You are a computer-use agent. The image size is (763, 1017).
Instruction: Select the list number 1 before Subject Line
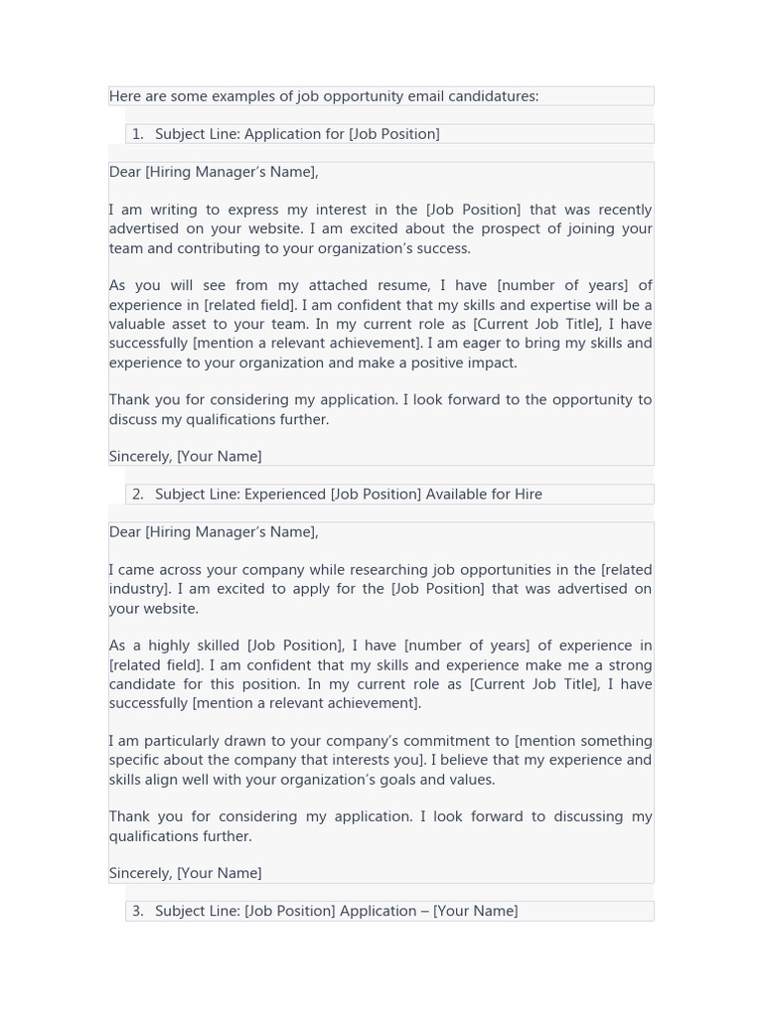137,134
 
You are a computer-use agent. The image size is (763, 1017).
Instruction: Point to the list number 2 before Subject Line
137,495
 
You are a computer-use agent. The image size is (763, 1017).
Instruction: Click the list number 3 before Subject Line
137,911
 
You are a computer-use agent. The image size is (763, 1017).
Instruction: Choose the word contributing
225,248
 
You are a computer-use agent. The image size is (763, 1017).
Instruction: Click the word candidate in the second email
144,684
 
